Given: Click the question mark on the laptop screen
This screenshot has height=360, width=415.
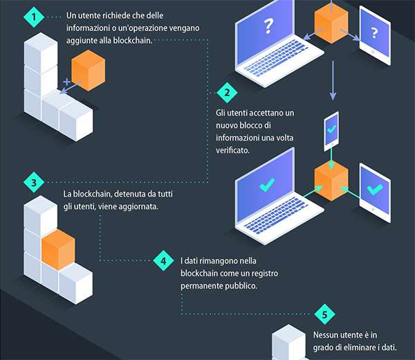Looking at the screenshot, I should tap(267, 27).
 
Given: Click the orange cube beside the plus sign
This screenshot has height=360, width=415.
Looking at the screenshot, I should tap(88, 70).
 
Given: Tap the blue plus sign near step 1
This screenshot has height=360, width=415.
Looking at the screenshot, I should tap(66, 82).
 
